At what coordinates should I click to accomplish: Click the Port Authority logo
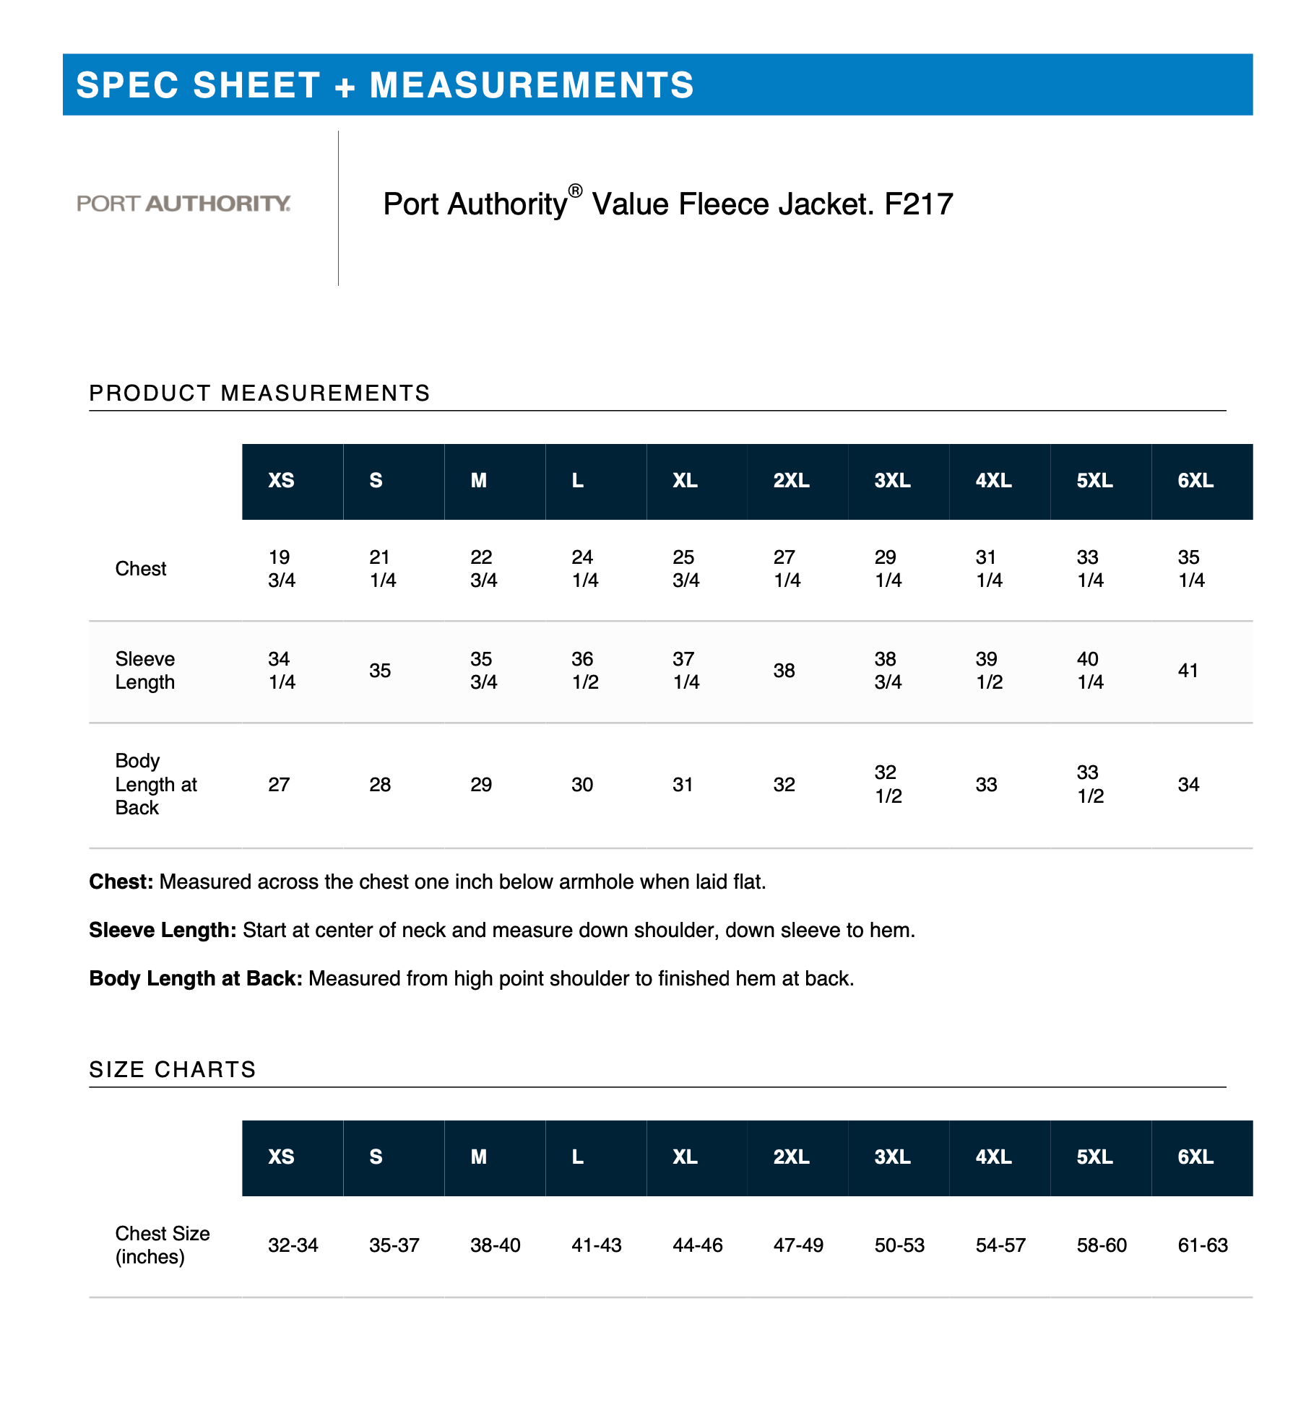coord(183,204)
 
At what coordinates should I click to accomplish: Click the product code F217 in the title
coord(918,204)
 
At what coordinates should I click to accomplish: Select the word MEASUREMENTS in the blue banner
coord(532,85)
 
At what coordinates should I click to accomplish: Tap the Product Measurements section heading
coord(259,393)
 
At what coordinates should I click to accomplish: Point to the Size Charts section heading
coord(173,1069)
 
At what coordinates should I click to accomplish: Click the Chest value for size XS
coord(281,569)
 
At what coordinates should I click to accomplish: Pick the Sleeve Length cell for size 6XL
coord(1188,671)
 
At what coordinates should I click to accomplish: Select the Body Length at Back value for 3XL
coord(888,784)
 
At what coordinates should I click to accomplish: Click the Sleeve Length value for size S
coord(380,671)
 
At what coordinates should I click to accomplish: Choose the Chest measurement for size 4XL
coord(988,569)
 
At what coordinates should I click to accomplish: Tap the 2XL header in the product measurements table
coord(791,481)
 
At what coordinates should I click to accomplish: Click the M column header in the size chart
coord(478,1157)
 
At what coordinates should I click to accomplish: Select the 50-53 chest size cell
coord(899,1245)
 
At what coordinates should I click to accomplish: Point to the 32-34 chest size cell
coord(293,1245)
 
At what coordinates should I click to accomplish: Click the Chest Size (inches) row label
coord(162,1245)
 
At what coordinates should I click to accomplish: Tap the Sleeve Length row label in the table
coord(145,671)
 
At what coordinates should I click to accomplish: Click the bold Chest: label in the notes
coord(121,882)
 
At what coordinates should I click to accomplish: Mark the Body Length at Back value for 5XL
coord(1089,784)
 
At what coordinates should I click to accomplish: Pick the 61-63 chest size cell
coord(1202,1245)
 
